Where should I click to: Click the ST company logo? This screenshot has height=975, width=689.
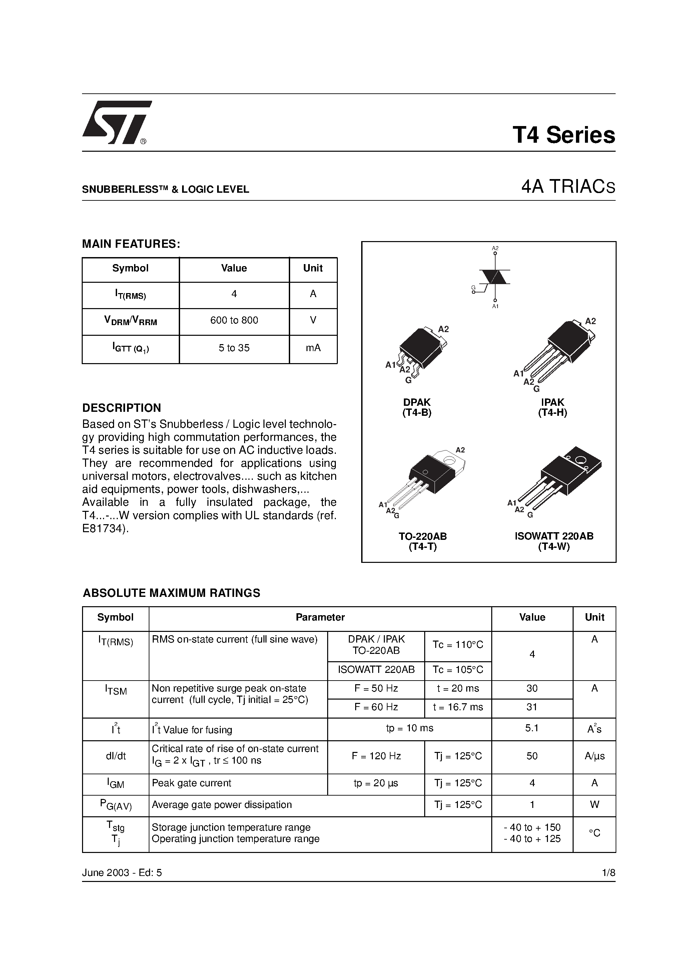[115, 123]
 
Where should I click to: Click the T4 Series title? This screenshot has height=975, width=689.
[563, 135]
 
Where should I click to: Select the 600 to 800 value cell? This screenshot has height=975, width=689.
[234, 321]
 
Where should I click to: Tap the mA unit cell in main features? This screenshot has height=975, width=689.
[313, 348]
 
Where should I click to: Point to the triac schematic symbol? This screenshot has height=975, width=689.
[495, 277]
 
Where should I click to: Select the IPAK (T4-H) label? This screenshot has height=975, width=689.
[552, 407]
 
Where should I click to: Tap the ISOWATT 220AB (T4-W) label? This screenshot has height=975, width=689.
[554, 541]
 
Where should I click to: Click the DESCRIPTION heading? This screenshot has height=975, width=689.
[121, 408]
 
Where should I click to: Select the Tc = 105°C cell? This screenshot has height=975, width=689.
[458, 670]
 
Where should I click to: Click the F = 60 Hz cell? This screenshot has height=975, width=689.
[376, 707]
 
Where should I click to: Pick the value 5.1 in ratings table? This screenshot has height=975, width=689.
[532, 728]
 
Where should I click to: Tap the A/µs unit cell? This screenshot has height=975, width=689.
[594, 756]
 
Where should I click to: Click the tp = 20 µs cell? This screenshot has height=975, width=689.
[376, 783]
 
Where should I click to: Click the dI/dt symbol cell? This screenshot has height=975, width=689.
[115, 756]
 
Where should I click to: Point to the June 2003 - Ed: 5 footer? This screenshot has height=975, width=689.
[122, 873]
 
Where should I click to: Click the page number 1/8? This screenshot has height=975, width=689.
[608, 873]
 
